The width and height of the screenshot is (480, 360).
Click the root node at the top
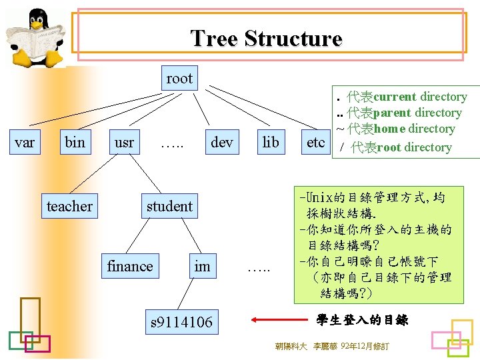pyautogui.click(x=179, y=79)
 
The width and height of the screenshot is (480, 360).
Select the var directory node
pyautogui.click(x=25, y=142)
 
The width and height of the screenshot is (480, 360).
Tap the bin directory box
pyautogui.click(x=75, y=142)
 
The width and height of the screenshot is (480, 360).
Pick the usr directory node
pyautogui.click(x=124, y=142)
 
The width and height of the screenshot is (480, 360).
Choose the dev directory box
pyautogui.click(x=221, y=142)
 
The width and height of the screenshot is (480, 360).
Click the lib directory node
pyautogui.click(x=271, y=142)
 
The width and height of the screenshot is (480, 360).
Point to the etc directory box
pyautogui.click(x=315, y=142)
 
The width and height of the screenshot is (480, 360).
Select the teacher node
pyautogui.click(x=69, y=207)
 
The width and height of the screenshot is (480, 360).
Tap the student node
pyautogui.click(x=169, y=207)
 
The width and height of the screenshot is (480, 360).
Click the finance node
pyautogui.click(x=130, y=267)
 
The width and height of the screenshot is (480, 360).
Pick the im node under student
pyautogui.click(x=202, y=267)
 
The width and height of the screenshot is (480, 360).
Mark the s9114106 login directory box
pyautogui.click(x=181, y=323)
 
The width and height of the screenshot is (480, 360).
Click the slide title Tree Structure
pyautogui.click(x=266, y=38)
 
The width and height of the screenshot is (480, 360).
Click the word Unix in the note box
pyautogui.click(x=320, y=197)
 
